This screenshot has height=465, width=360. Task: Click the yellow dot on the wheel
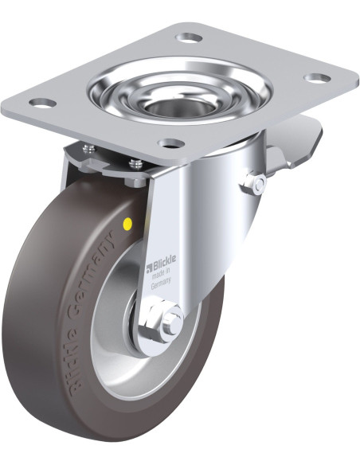click(x=127, y=222)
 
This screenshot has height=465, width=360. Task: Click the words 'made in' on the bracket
click(x=160, y=273)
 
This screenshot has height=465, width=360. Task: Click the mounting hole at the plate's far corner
click(x=189, y=38)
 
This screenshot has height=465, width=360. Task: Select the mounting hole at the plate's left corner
click(x=43, y=103)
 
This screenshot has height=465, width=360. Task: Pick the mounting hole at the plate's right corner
click(x=317, y=78)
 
